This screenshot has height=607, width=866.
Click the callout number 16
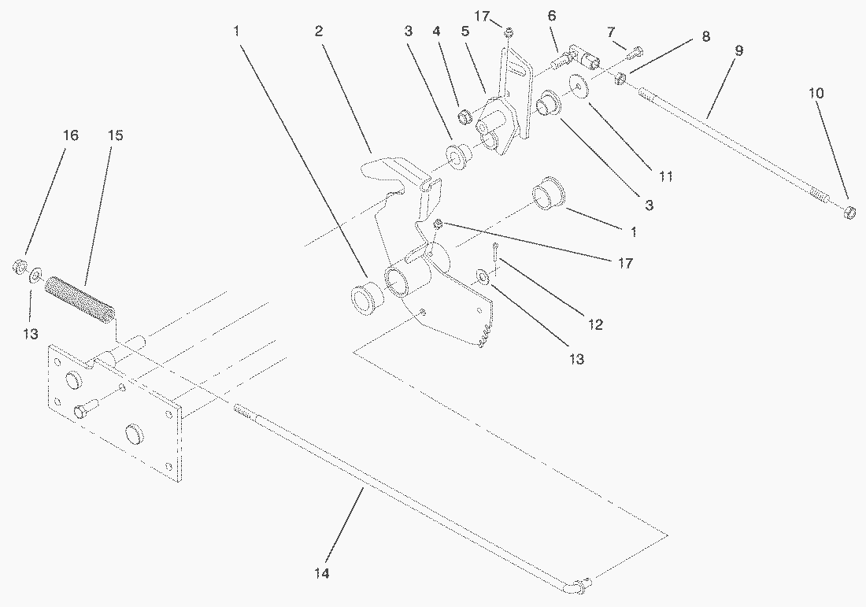(71, 136)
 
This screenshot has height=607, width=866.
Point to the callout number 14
(320, 573)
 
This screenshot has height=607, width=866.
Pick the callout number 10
(816, 93)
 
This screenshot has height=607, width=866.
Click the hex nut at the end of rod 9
(849, 211)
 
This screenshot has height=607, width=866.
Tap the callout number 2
(318, 31)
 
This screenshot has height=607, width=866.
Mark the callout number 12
(596, 324)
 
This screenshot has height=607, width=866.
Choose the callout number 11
(666, 177)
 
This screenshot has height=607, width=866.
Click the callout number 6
(551, 15)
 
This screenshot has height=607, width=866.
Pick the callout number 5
(465, 31)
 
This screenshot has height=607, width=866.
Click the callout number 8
(705, 35)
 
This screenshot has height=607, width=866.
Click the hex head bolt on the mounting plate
(83, 411)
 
